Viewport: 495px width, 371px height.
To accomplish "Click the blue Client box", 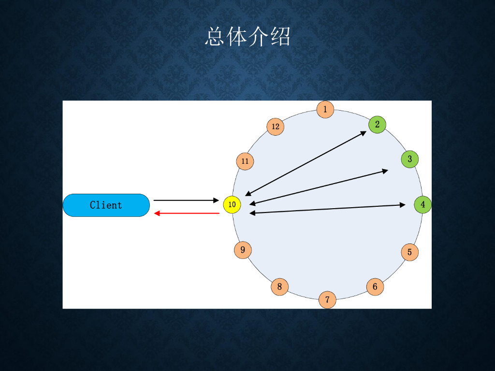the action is tap(77, 205).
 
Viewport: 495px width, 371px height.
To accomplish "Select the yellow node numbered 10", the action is tap(232, 205).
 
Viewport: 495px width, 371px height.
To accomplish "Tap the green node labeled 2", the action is tap(378, 125).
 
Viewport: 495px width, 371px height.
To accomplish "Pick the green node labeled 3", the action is tap(410, 159).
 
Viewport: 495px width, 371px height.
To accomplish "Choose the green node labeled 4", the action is tap(423, 205).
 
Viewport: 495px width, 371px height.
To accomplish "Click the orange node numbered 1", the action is tap(325, 110).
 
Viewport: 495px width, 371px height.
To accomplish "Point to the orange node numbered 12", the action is tap(276, 127).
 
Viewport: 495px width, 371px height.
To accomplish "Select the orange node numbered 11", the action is tap(245, 161).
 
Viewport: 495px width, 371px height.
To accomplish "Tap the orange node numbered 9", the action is tap(243, 250).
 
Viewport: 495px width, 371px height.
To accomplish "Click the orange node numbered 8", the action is tap(279, 287).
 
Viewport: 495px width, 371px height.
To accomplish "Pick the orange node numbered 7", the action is tap(327, 300).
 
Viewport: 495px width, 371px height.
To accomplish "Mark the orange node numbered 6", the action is tap(375, 287).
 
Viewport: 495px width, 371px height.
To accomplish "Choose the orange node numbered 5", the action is tap(410, 252).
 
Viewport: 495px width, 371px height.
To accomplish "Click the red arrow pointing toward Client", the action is tap(187, 213).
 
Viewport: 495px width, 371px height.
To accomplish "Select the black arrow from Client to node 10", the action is tap(187, 200).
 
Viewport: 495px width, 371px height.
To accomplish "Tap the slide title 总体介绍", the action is tap(247, 37).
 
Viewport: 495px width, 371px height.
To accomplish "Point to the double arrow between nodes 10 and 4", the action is tap(327, 209).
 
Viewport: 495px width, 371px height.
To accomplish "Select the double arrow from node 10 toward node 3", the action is tap(319, 187).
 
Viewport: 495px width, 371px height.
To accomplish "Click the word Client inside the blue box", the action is tap(106, 205).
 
